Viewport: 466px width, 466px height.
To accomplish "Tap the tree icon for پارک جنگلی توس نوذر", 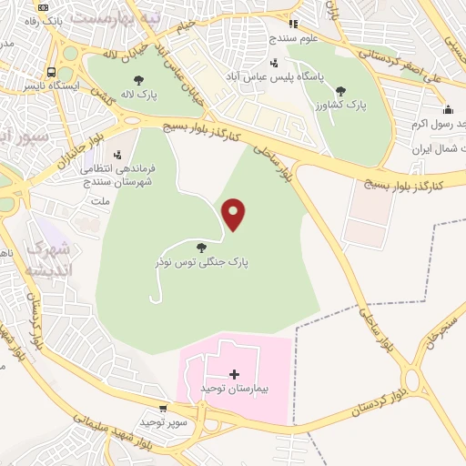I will (201, 247).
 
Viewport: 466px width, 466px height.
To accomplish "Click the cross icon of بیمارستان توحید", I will (234, 374).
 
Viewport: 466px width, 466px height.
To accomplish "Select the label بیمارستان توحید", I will (235, 389).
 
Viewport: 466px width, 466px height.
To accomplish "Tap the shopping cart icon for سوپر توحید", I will (163, 410).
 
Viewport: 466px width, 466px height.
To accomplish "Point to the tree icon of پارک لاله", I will (137, 80).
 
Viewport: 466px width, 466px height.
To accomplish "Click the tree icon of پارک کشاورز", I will (340, 90).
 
